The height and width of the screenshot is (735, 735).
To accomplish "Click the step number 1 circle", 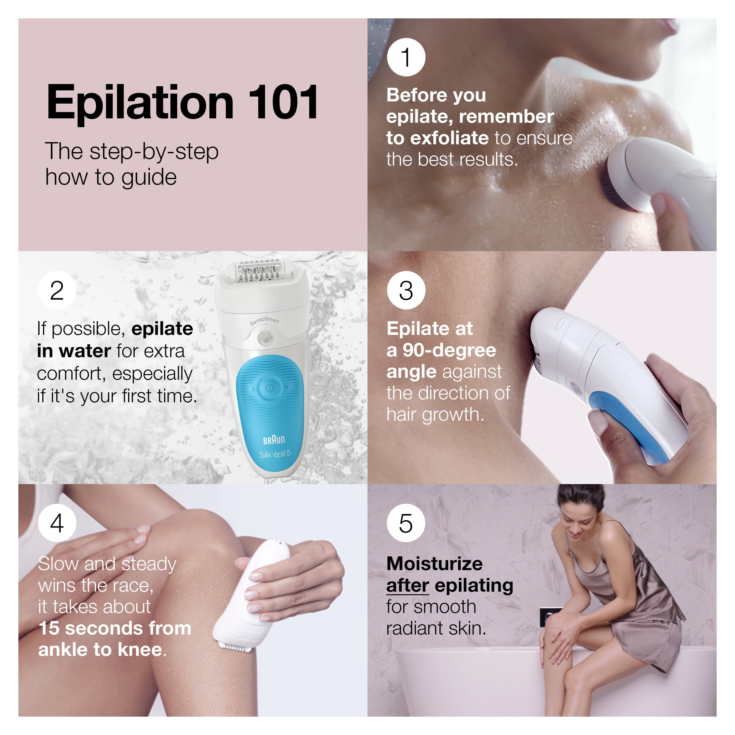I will [406, 57].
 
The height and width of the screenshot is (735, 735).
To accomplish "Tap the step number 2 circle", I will [57, 291].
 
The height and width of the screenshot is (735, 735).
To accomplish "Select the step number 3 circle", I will [406, 291].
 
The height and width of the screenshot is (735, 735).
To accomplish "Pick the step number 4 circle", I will [57, 523].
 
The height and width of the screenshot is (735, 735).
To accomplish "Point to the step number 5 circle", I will [406, 523].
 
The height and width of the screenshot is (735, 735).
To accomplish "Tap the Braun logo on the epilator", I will [274, 440].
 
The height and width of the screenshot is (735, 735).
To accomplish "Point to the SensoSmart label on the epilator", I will [264, 321].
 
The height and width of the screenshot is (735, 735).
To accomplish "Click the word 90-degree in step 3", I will [449, 350].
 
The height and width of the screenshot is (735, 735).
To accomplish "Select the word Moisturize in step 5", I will [434, 564].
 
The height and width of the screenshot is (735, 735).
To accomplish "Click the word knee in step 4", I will [140, 650].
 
